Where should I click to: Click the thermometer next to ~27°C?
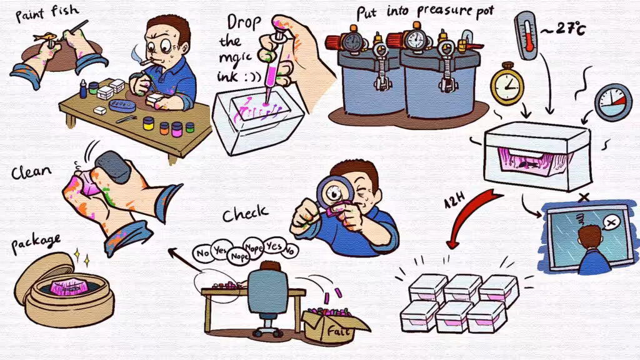point(527,35)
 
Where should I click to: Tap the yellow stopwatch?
point(507,84)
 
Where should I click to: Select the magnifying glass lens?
point(335,192)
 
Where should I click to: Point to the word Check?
point(246,213)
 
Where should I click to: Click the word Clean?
point(31,171)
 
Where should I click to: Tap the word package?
point(36,243)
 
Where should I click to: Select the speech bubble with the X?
point(611,223)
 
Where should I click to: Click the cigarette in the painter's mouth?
point(146,62)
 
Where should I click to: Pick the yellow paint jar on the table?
point(149,123)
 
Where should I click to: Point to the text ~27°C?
point(564,29)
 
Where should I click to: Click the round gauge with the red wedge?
point(613,102)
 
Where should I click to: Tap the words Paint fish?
point(47,12)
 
